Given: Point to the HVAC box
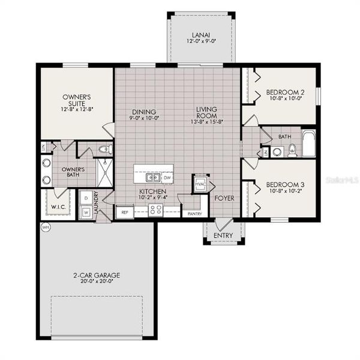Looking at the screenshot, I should coord(200,184).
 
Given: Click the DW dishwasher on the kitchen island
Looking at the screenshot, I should coord(167,178).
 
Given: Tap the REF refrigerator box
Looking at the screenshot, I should coord(125,212).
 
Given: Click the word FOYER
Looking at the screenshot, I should coord(225,197).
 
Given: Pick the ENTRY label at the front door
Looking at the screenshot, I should coord(223,236).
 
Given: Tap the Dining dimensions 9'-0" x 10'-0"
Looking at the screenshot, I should coord(142,118).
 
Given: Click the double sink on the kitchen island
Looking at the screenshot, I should coord(151,178).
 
